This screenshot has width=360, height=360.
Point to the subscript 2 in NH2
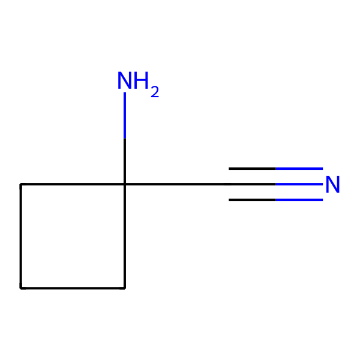(155, 92)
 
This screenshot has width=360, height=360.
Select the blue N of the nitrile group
(332, 185)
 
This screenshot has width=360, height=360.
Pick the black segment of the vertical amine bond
(125, 161)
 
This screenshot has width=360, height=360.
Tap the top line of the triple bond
(276, 169)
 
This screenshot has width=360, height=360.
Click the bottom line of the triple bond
(276, 200)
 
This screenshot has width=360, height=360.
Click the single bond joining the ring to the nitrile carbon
(177, 185)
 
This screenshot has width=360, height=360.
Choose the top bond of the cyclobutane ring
(73, 185)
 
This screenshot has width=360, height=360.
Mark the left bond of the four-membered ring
(21, 236)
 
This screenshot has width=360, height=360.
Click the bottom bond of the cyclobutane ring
(73, 288)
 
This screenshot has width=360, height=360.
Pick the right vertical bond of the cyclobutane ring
(125, 236)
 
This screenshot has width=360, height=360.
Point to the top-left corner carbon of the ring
(21, 185)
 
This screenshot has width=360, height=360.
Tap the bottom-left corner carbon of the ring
(21, 288)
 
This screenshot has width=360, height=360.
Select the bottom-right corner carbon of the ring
(125, 288)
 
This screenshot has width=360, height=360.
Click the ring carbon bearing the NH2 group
(125, 185)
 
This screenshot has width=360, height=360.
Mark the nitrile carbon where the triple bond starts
(229, 185)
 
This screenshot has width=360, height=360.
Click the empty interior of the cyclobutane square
(73, 236)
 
